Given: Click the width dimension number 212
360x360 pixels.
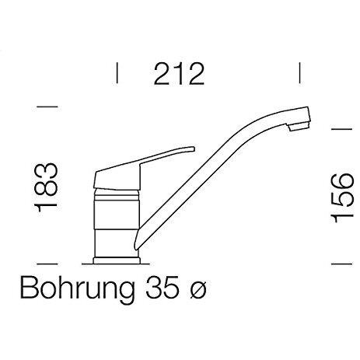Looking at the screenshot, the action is pyautogui.click(x=179, y=74).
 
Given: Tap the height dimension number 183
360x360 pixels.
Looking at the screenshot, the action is pyautogui.click(x=46, y=187).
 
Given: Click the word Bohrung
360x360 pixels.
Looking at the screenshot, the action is pyautogui.click(x=78, y=288).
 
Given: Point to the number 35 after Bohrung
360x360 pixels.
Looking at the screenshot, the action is pyautogui.click(x=162, y=286).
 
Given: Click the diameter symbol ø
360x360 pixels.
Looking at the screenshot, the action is pyautogui.click(x=198, y=289).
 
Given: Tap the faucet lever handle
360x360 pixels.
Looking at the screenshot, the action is pyautogui.click(x=143, y=166).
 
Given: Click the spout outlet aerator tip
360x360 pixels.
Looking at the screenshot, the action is pyautogui.click(x=299, y=127).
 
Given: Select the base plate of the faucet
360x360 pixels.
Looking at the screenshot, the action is pyautogui.click(x=117, y=260).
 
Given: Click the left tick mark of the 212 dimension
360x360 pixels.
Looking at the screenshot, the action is pyautogui.click(x=117, y=73).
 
